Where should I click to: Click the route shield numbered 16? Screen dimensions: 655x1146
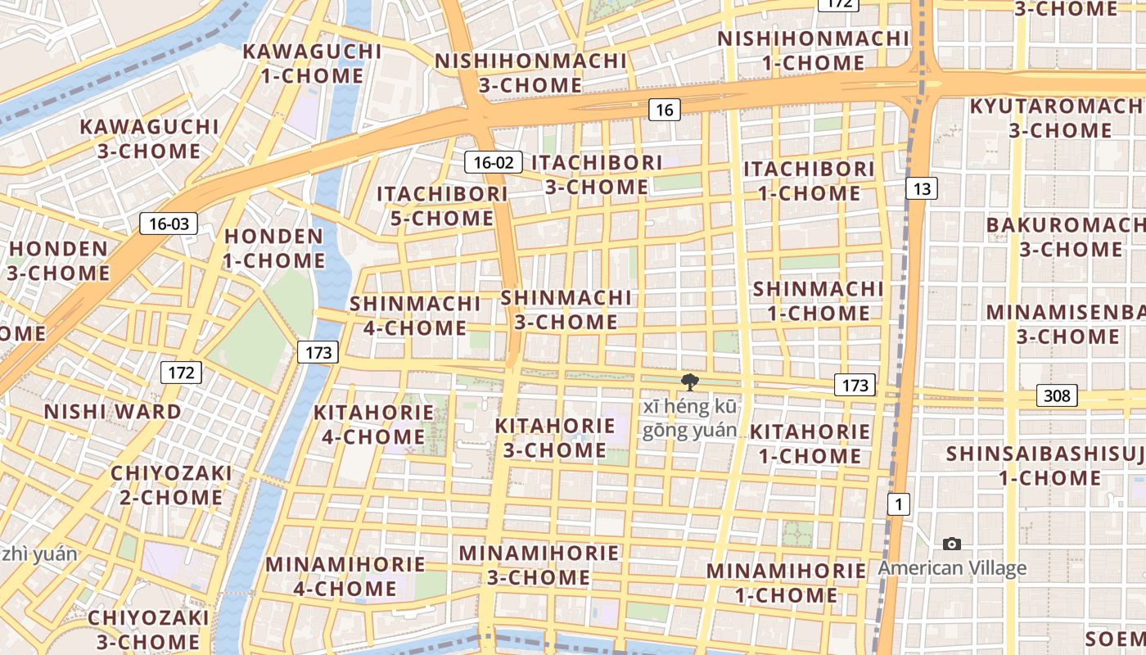664,109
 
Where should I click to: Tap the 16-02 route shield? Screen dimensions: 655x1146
494,162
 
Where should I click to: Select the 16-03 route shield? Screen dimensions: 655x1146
169,223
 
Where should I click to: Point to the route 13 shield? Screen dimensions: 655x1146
922,189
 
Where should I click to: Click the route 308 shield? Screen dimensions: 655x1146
1057,395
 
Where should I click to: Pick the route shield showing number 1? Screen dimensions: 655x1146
899,504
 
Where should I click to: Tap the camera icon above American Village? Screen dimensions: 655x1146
952,544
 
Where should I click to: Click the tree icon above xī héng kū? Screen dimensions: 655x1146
690,382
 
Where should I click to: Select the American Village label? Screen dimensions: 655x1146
952,568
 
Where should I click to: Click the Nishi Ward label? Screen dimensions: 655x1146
113,411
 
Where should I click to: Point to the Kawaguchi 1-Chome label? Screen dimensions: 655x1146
313,64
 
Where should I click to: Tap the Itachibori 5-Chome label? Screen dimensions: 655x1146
442,206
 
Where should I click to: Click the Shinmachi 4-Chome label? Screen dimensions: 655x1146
415,315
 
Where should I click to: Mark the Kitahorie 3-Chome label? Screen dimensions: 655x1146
554,437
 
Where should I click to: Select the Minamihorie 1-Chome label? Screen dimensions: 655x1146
786,583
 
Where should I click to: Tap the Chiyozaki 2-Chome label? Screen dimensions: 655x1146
171,486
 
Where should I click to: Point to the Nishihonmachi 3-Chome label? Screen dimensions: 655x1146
530,73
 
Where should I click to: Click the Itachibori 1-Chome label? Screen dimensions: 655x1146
809,181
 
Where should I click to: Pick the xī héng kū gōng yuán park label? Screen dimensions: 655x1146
689,418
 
